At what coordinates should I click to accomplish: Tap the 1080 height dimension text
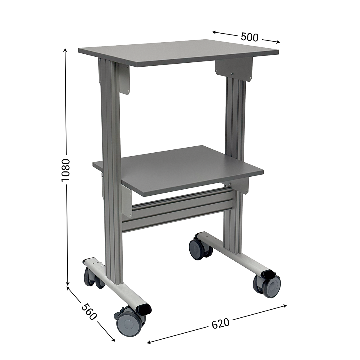tap(66, 170)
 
